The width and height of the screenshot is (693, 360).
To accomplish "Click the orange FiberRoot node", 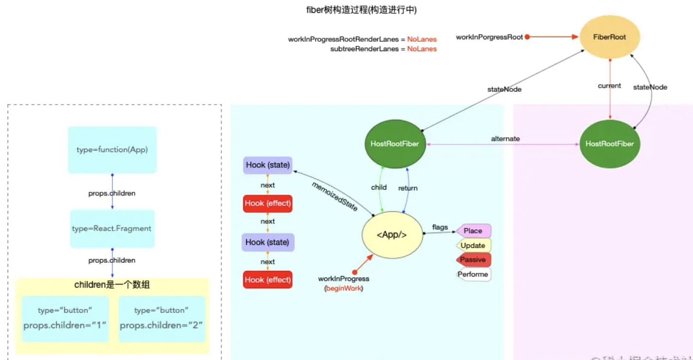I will [x=610, y=37].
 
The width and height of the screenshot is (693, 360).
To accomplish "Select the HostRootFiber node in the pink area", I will [x=610, y=144].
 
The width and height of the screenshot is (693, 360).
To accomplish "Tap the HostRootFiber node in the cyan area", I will [x=395, y=144].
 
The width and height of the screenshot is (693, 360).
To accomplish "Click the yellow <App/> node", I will [x=392, y=235].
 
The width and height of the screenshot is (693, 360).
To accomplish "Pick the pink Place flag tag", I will [x=473, y=231].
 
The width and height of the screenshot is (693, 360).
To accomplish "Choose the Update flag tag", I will [x=473, y=245].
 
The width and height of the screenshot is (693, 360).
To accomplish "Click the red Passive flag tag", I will [x=473, y=260].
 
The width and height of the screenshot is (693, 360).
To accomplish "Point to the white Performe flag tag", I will [x=473, y=274].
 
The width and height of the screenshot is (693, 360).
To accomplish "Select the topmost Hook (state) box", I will [x=267, y=165].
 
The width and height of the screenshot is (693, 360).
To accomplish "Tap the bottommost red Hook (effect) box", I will [x=267, y=279].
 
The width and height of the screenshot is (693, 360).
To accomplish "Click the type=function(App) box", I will [x=112, y=150].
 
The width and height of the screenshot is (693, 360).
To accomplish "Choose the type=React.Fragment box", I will [x=112, y=228].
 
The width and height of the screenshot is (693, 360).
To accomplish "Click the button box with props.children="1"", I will [x=65, y=318].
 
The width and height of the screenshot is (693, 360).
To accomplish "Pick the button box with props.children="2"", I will [x=162, y=318].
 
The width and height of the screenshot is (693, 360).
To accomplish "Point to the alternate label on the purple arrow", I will [x=506, y=139].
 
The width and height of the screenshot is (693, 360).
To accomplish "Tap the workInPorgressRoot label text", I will [x=489, y=37].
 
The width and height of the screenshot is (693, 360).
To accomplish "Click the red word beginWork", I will [x=344, y=288].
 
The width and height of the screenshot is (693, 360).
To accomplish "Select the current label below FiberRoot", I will [x=609, y=86].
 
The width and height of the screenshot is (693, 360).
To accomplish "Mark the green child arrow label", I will [x=379, y=187].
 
